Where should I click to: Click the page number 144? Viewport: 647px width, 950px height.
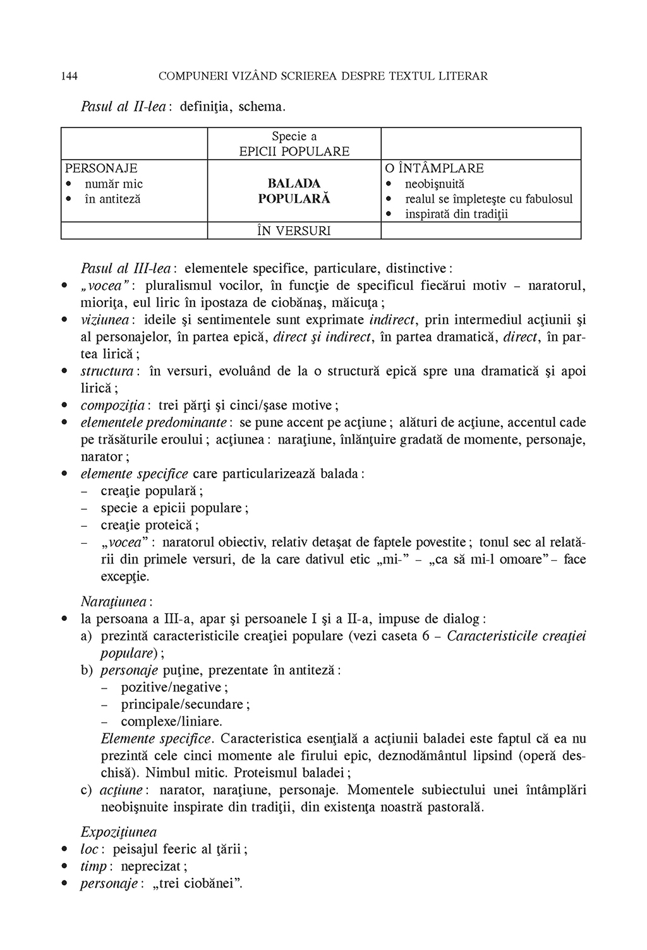point(70,76)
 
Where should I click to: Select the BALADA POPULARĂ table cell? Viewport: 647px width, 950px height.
point(294,191)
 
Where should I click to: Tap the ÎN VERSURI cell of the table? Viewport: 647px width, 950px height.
point(294,231)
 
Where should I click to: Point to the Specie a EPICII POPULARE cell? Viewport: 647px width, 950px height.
point(294,144)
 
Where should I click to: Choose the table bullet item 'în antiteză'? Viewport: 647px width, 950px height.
point(112,199)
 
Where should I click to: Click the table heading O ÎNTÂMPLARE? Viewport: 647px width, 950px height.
point(434,168)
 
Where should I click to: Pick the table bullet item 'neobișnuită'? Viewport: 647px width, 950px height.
point(434,184)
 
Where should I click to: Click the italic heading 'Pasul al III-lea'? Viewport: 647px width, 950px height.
point(127,268)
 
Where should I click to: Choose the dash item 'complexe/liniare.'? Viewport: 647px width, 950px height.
point(171,721)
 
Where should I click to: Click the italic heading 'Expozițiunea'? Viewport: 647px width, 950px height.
point(119,832)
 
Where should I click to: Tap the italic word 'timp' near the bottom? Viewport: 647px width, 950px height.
point(94,866)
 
